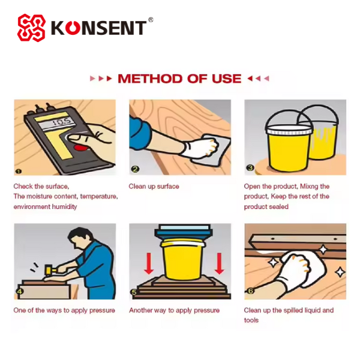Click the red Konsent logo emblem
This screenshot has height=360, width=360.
point(31,28)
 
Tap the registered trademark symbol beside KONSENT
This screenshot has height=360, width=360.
point(151,20)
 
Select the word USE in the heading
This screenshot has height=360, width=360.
point(226,79)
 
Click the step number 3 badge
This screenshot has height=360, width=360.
point(250,168)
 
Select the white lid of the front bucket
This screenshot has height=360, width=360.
point(289,130)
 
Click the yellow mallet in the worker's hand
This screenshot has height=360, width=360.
point(49,269)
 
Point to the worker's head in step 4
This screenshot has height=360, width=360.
point(80,237)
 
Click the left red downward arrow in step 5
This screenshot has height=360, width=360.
point(149,263)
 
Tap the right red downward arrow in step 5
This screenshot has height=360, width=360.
point(219,263)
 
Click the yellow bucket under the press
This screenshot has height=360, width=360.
point(183,259)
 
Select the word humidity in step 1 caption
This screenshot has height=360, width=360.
point(64,206)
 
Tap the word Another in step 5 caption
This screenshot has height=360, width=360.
point(140,310)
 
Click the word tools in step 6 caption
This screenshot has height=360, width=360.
point(251,320)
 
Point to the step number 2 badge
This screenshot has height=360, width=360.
point(135,169)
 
